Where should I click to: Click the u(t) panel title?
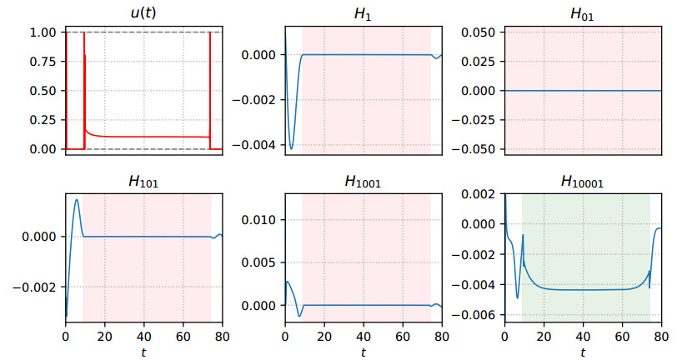143,12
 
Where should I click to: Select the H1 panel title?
363,14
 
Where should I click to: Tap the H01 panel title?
582,14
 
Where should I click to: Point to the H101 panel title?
143,182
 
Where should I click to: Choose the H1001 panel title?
363,182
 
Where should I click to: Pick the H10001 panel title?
582,182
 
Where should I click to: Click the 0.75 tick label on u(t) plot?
43,62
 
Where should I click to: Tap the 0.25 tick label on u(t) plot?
43,119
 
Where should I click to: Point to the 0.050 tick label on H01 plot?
479,32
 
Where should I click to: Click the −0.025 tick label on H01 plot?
475,119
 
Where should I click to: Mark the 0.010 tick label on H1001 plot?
258,220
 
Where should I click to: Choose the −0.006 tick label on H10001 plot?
475,315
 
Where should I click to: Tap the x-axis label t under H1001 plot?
364,352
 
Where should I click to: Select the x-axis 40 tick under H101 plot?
143,336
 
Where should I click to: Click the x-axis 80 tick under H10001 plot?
661,336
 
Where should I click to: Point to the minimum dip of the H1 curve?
292,149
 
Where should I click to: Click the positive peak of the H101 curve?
77,199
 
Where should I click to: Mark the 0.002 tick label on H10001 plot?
479,194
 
